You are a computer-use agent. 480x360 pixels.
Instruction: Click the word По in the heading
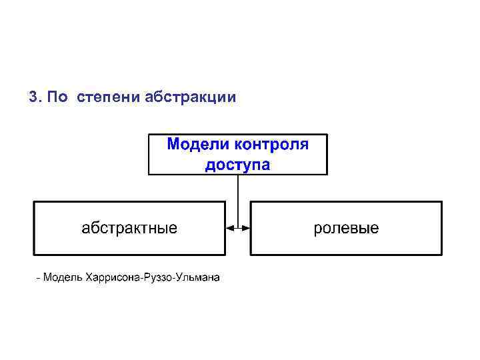click(57, 97)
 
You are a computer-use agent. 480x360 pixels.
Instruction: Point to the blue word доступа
click(237, 164)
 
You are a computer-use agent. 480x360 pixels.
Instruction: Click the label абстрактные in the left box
click(129, 229)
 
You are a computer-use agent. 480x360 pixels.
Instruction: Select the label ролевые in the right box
click(346, 229)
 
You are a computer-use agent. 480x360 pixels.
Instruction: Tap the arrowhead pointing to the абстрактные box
click(230, 228)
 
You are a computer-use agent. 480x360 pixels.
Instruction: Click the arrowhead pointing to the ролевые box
click(246, 228)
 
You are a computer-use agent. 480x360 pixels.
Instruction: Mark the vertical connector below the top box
click(238, 200)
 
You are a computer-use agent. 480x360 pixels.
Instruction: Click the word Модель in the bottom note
click(63, 277)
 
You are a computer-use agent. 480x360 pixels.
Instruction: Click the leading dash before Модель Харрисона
click(39, 278)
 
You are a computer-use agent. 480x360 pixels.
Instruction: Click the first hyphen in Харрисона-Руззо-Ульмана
click(142, 278)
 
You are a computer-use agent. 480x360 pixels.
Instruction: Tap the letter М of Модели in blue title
click(173, 145)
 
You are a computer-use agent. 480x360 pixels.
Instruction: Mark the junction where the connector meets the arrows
click(238, 228)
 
